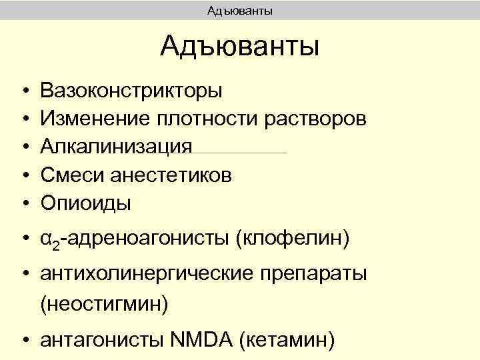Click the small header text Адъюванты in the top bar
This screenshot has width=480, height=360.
point(240,10)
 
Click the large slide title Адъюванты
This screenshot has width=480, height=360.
point(240,47)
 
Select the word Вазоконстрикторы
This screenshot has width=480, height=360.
point(132,90)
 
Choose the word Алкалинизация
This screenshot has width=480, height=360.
point(117,147)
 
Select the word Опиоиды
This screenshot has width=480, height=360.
point(86,203)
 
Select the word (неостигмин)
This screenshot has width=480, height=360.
point(105,303)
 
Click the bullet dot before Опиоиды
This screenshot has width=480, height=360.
point(24,203)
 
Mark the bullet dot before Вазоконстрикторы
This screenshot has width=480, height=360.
point(24,90)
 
